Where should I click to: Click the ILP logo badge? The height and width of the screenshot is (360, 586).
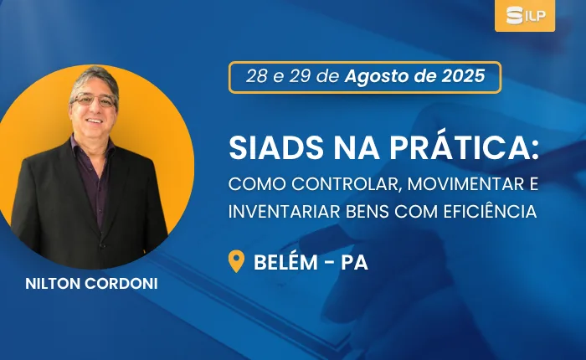[525, 15]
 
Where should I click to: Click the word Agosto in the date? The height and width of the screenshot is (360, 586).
[377, 77]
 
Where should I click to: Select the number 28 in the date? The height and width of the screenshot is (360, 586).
[257, 76]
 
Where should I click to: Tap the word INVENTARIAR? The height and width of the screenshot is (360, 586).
[284, 212]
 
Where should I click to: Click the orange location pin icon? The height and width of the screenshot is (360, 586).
[236, 261]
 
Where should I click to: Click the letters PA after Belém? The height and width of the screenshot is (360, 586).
[355, 262]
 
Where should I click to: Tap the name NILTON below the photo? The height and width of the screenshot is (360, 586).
[52, 284]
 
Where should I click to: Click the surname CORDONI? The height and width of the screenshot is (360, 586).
[121, 284]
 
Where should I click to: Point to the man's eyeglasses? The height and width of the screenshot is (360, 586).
[95, 100]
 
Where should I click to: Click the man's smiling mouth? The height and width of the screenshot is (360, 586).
[94, 121]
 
